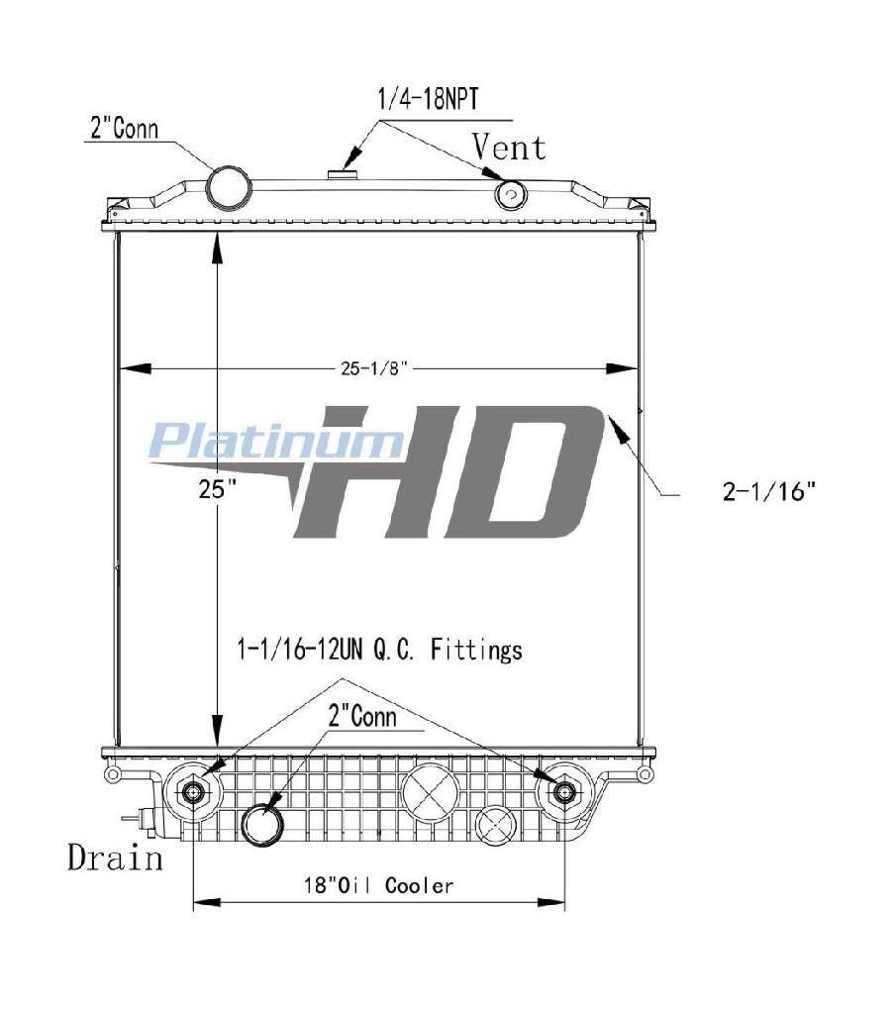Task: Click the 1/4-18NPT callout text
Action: [x=428, y=100]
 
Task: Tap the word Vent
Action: [x=510, y=147]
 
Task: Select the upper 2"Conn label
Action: [x=124, y=128]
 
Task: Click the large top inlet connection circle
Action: [x=229, y=187]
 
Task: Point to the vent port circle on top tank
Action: [x=511, y=194]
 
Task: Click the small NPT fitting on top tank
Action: [x=338, y=173]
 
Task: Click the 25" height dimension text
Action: [x=217, y=489]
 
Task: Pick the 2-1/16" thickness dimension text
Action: [x=769, y=492]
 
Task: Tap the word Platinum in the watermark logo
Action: [x=275, y=441]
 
